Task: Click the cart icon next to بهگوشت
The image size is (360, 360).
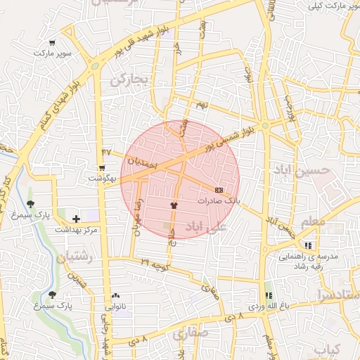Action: [103, 168]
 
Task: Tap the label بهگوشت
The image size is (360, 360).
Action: [103, 178]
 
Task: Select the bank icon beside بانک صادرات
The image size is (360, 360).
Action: [219, 190]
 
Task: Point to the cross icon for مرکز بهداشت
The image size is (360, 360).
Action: [76, 219]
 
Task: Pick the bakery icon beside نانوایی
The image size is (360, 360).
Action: [115, 296]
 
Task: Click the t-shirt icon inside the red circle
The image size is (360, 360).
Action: [174, 205]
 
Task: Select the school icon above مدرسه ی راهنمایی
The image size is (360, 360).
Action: [307, 245]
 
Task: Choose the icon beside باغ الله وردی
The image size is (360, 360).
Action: [267, 296]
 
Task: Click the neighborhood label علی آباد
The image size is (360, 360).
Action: [206, 226]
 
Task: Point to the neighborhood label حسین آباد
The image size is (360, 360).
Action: [303, 170]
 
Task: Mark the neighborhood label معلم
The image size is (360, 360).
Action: [313, 222]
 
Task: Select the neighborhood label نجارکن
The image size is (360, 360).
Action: [129, 81]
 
